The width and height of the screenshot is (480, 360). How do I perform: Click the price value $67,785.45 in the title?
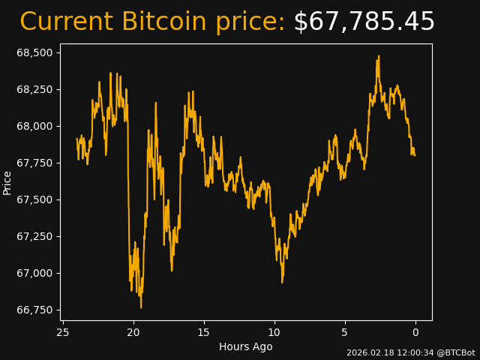[364, 22]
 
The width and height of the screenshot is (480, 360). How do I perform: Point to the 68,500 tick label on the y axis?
[34, 52]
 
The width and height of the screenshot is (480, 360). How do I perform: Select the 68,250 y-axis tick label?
[34, 89]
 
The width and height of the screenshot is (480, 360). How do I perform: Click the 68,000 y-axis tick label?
[34, 126]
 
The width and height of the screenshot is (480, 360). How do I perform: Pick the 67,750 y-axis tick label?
[34, 163]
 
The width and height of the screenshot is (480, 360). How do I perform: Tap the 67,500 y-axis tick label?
[34, 199]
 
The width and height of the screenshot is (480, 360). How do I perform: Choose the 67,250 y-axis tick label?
[34, 236]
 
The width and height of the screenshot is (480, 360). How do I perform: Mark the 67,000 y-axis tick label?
[34, 273]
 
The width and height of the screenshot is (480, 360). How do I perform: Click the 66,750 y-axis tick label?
[34, 310]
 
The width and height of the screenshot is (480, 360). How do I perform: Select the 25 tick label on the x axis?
[63, 332]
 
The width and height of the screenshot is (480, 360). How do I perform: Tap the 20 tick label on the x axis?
[133, 332]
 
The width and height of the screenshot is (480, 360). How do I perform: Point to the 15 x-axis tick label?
[204, 332]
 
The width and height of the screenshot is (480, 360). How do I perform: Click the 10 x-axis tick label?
[274, 332]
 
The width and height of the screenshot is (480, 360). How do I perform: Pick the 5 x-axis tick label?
[345, 332]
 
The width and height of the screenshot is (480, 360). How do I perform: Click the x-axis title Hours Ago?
[245, 346]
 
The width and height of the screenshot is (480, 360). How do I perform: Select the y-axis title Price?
[7, 182]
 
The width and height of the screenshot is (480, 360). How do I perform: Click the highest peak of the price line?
[379, 56]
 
